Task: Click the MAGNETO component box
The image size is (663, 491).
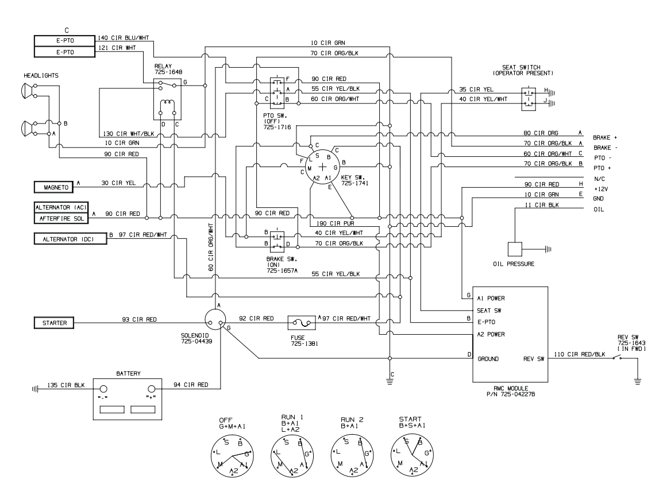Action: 56,187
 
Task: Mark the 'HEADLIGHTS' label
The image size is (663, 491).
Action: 41,75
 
